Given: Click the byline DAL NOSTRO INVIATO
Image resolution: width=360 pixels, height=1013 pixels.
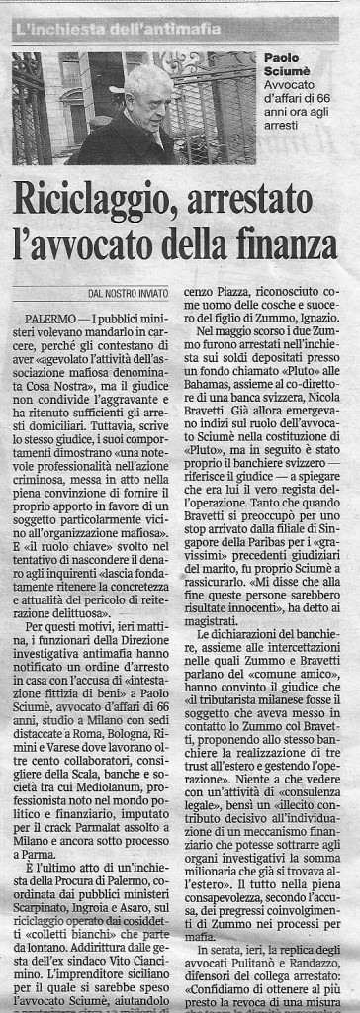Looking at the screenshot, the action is click(124, 294).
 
